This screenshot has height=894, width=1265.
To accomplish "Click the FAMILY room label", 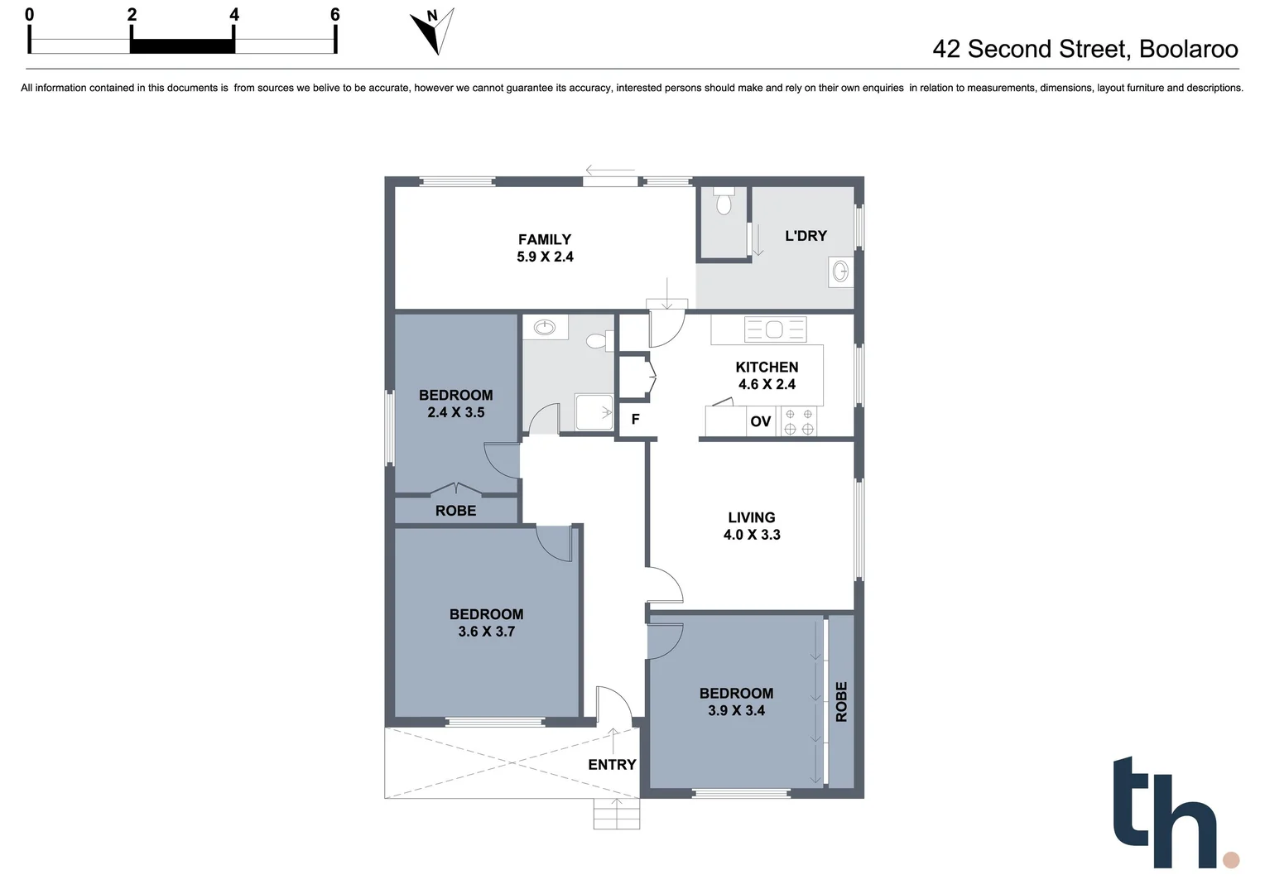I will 544,239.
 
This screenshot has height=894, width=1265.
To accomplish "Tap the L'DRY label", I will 806,236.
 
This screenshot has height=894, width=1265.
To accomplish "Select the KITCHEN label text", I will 767,367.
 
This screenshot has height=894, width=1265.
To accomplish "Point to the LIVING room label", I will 751,517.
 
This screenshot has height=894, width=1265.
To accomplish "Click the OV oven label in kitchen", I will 760,421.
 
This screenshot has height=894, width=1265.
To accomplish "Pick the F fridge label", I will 635,420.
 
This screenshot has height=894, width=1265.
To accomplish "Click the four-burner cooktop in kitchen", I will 799,421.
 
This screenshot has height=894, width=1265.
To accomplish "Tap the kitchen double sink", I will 775,329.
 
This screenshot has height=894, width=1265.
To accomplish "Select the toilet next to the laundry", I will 724,201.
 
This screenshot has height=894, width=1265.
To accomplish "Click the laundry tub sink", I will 840,271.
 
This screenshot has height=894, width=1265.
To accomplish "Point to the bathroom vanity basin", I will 545,327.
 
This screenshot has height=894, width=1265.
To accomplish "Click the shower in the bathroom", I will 594,412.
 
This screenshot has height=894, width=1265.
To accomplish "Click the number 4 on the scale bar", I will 234,14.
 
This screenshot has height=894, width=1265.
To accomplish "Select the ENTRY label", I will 612,765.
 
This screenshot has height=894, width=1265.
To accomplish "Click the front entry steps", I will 617,814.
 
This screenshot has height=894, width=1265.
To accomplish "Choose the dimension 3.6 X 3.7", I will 486,632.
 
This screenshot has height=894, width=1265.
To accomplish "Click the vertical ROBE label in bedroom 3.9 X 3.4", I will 841,701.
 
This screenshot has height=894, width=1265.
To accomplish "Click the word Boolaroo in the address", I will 1188,49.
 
